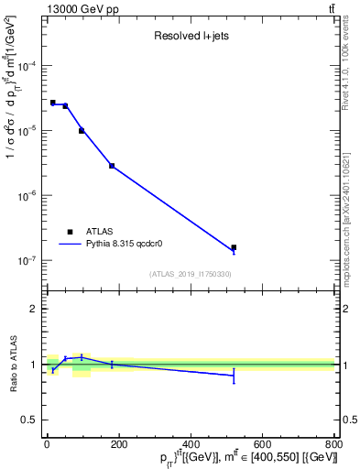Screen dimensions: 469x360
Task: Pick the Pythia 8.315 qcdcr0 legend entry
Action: pos(111,244)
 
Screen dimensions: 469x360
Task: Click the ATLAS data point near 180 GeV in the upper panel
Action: pos(112,166)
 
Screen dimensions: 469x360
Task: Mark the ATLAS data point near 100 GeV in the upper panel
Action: pos(82,131)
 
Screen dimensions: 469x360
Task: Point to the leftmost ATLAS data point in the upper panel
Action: pos(53,103)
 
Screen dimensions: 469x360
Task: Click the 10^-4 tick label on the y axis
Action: pos(27,66)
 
